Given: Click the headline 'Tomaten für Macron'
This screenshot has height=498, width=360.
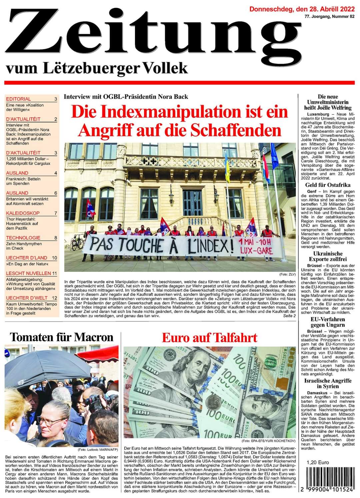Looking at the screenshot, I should point(62,337).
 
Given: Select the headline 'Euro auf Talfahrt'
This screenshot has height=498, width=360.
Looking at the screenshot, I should point(210,337).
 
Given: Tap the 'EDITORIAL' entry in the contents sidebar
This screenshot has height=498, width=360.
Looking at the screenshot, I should point(18,99).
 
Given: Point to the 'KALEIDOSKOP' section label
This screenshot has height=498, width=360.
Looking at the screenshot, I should point(23,213).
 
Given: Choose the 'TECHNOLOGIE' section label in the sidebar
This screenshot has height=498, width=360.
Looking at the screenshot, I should point(23,238).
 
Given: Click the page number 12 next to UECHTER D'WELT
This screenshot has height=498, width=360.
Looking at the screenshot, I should point(54,298).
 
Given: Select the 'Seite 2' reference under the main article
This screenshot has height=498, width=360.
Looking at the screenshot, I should point(289,316).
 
